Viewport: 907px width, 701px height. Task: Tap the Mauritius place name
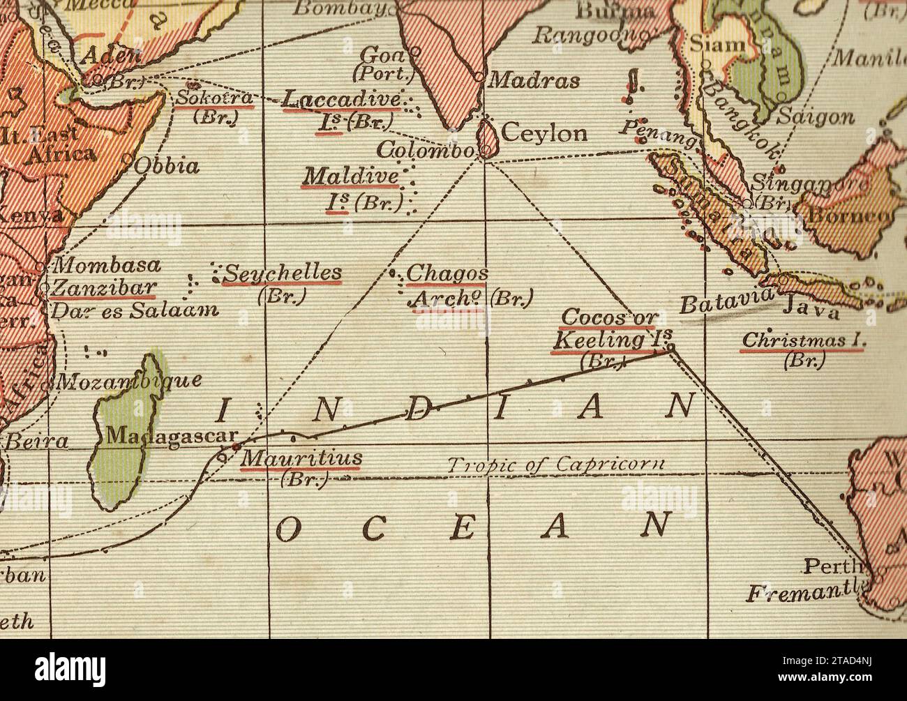301,458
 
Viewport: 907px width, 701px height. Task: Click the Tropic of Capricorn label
555,465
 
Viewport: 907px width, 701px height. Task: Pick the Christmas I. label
803,341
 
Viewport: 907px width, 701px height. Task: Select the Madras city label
534,80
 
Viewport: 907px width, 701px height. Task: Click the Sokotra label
213,98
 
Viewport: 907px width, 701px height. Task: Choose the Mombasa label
107,266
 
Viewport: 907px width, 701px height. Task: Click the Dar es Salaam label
135,310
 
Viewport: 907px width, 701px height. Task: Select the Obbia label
167,166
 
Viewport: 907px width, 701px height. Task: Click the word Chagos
447,274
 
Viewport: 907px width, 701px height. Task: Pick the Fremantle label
802,594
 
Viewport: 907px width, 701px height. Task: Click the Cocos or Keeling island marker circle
670,347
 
